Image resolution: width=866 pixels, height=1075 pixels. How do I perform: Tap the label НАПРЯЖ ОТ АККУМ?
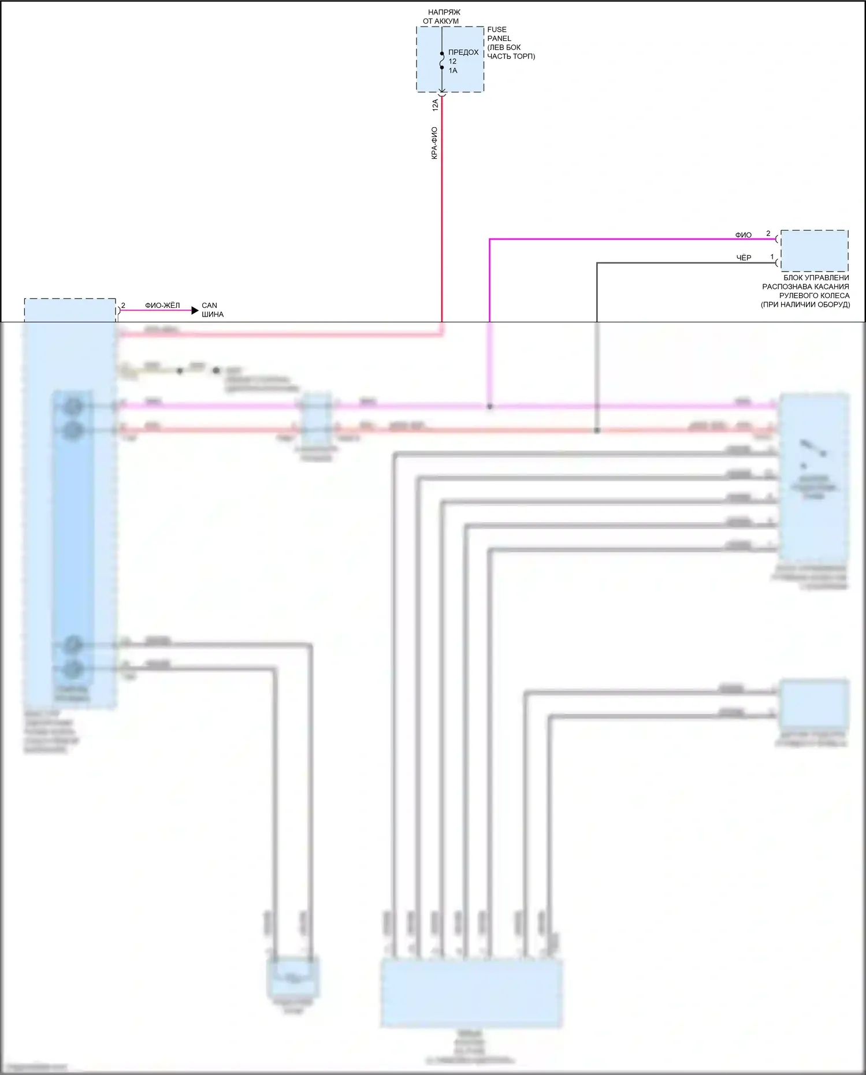click(x=442, y=17)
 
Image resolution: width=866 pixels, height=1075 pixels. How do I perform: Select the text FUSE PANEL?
click(x=498, y=34)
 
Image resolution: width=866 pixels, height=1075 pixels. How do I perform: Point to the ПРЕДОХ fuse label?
click(x=463, y=52)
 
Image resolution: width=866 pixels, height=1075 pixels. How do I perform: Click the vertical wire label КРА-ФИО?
click(x=434, y=143)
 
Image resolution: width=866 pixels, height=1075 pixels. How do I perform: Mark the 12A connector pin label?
click(x=435, y=105)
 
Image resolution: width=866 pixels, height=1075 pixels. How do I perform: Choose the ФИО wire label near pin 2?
click(x=743, y=235)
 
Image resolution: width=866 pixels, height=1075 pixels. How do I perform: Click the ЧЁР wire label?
click(x=744, y=258)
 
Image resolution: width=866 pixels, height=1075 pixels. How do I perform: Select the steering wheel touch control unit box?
click(x=815, y=251)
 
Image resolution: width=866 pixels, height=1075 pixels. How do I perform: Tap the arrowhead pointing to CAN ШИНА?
click(x=195, y=310)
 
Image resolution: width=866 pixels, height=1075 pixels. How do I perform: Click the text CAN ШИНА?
click(x=212, y=310)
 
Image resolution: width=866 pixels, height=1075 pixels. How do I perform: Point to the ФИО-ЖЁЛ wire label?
click(x=162, y=306)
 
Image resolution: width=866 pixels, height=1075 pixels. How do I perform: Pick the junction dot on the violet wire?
click(x=490, y=407)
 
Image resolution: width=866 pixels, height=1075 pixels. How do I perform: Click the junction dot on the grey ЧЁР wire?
click(x=597, y=430)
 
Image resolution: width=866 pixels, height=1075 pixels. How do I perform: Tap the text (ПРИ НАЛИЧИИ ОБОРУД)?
click(x=805, y=304)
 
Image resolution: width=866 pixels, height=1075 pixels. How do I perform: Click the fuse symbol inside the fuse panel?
click(x=442, y=60)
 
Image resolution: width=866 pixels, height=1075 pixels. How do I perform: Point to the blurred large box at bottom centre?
click(x=471, y=994)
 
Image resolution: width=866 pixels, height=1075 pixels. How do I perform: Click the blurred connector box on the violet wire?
click(x=317, y=418)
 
